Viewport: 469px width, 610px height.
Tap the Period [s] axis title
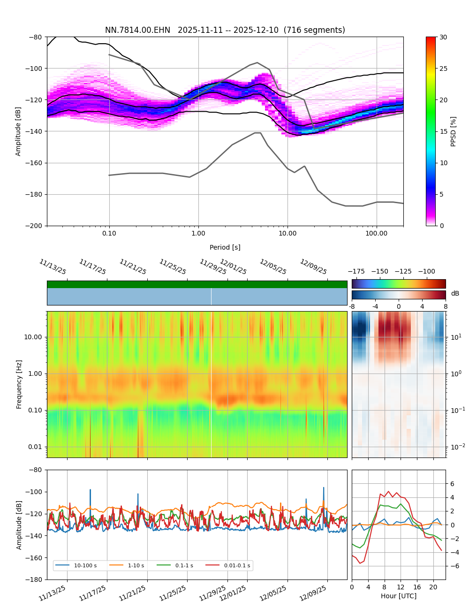pos(225,247)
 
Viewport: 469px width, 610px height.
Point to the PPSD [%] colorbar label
pos(454,131)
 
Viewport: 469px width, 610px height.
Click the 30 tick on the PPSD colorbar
pos(443,37)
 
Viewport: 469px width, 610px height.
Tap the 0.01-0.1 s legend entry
pos(237,565)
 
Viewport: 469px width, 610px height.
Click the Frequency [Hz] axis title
pos(19,384)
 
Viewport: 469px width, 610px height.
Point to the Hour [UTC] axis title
pos(399,596)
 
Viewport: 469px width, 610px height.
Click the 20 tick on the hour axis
pos(433,587)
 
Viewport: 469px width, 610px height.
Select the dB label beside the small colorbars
pos(455,293)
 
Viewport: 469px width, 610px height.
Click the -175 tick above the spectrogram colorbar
pos(356,271)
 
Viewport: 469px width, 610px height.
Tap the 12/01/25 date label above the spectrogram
pos(233,267)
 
